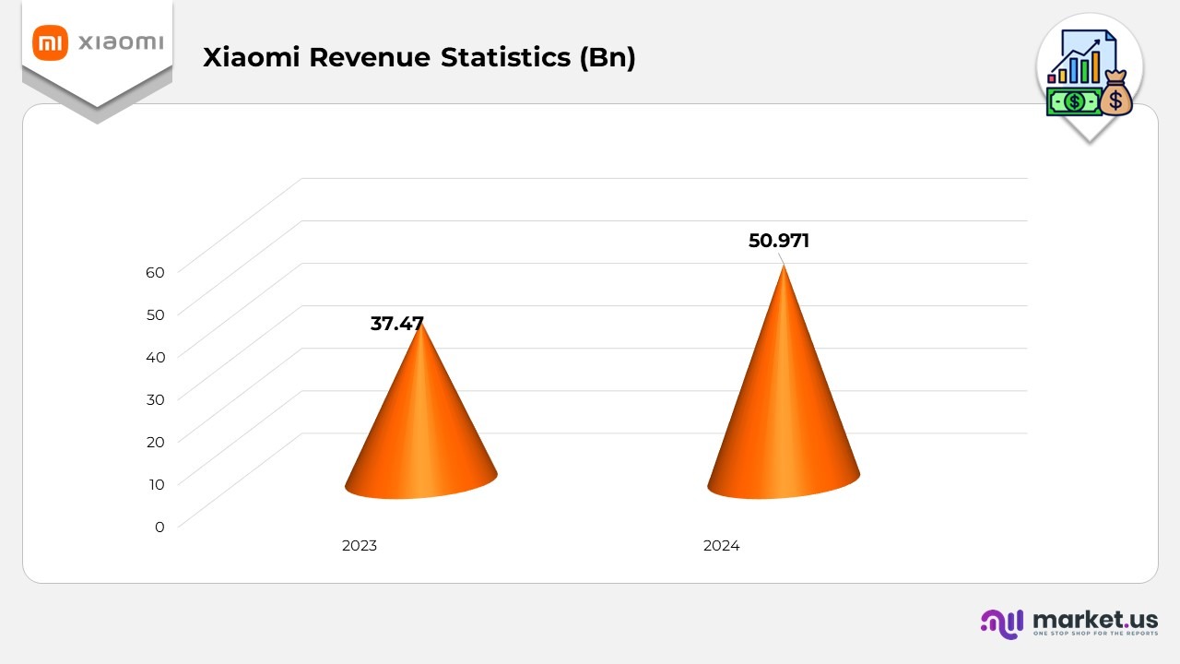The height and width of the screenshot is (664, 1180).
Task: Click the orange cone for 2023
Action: coord(421,433)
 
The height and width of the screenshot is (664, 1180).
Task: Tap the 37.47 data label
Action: coord(397,324)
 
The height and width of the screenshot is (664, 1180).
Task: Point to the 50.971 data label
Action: coord(779,242)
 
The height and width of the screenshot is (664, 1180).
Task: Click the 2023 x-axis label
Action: coord(360,546)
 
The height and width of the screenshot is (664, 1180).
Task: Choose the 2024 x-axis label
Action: coord(721,546)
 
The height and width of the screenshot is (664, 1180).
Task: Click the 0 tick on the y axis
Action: coord(159,527)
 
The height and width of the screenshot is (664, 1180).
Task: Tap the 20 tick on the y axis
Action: coord(155,442)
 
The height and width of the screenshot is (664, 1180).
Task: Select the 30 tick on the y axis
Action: coord(155,399)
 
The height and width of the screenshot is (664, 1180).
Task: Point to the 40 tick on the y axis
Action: coord(155,357)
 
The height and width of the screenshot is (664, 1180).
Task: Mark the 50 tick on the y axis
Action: coord(155,314)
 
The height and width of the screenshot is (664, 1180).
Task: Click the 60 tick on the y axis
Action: coord(155,272)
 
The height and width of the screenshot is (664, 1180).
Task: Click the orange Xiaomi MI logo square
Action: coord(50,43)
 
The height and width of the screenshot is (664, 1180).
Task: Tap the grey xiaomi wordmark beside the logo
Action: coord(121,43)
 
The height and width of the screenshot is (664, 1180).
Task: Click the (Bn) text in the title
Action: coord(608,57)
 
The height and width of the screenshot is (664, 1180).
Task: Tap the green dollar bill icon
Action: coord(1073,101)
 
